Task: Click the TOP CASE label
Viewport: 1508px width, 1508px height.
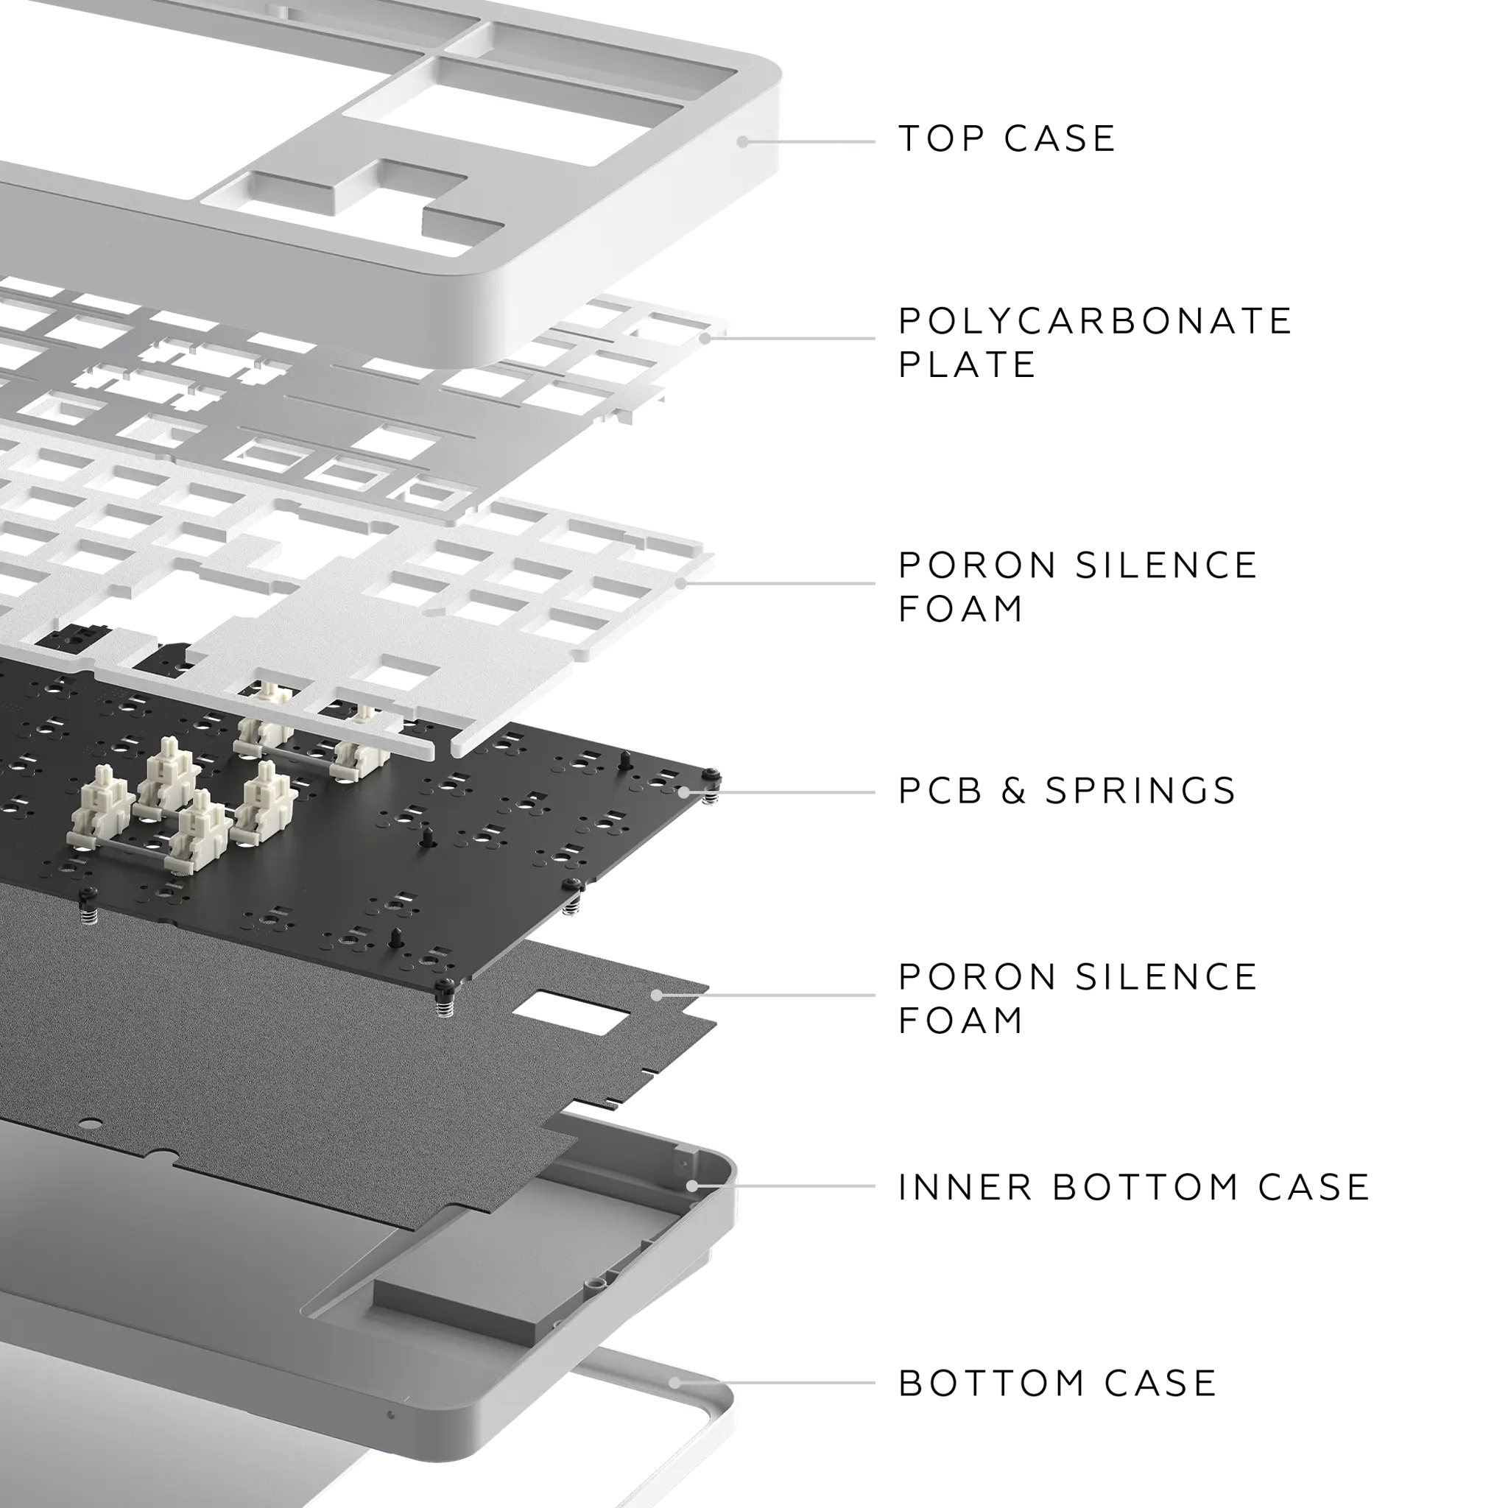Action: coord(1007,139)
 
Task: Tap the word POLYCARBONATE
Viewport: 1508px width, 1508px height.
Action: coord(1095,321)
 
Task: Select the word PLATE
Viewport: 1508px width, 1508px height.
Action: coord(967,364)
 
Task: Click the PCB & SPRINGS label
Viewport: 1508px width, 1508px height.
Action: coord(1067,791)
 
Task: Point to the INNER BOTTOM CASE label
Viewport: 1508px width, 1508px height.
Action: coord(1134,1187)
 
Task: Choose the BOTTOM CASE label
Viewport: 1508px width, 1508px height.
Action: coord(1057,1384)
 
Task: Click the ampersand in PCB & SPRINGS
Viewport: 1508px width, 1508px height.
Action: coord(1013,791)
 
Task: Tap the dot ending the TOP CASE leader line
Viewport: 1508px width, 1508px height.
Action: coord(742,141)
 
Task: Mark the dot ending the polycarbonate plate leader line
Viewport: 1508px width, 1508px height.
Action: coord(705,338)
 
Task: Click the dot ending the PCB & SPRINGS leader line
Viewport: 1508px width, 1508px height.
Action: coord(684,792)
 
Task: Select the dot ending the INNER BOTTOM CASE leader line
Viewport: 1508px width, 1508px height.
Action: coord(692,1186)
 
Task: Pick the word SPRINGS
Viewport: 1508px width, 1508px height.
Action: coord(1141,791)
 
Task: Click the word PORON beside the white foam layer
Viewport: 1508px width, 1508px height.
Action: coord(977,565)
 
